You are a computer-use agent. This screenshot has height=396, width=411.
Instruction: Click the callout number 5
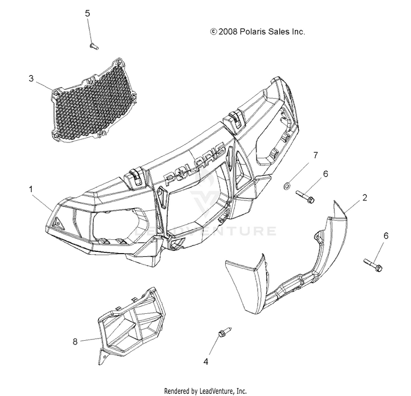87,13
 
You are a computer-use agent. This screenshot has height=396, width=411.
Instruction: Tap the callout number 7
315,156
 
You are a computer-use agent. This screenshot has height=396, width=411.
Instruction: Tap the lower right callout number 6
386,236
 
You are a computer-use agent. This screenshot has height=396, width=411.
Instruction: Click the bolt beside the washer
305,196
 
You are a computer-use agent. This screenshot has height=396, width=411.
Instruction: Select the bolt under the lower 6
373,265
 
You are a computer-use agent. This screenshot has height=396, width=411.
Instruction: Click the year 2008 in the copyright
229,32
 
